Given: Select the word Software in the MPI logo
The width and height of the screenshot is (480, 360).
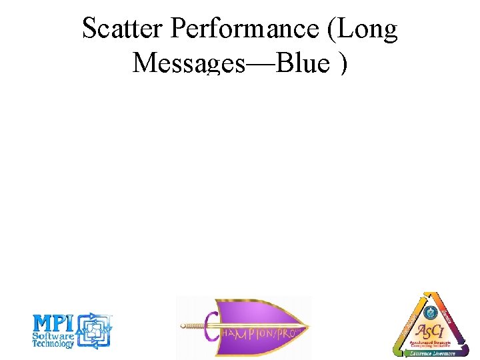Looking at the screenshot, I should click(53, 337).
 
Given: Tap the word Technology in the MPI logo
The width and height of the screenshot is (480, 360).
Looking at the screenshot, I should click(53, 345).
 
